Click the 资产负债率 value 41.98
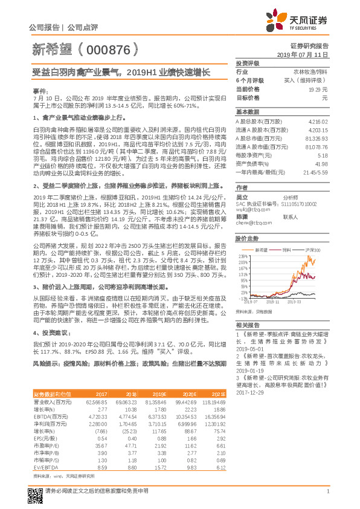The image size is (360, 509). pyautogui.click(x=321, y=163)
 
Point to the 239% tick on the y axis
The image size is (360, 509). pyautogui.click(x=242, y=256)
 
